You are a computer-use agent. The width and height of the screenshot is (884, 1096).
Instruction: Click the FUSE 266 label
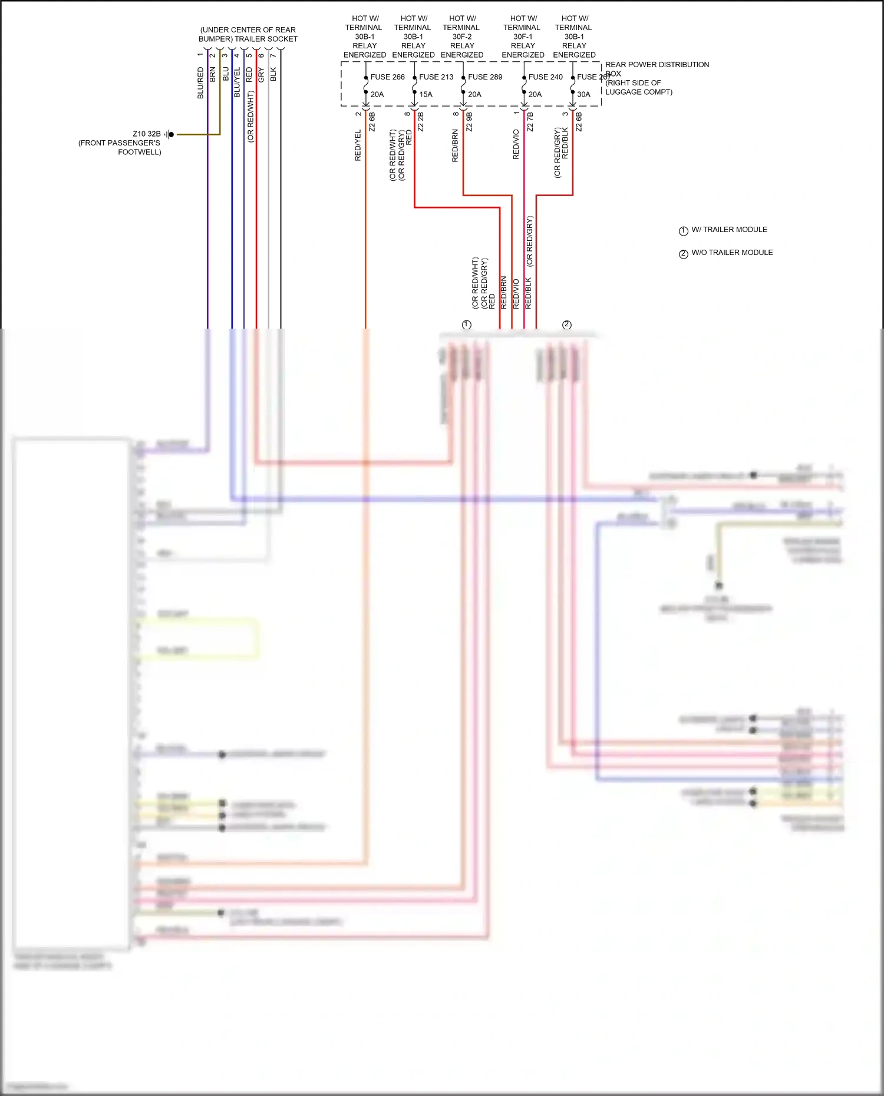387,77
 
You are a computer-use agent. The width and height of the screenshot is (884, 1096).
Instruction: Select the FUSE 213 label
436,77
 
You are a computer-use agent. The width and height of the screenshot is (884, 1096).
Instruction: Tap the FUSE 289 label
485,77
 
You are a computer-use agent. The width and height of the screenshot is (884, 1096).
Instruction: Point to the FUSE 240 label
545,77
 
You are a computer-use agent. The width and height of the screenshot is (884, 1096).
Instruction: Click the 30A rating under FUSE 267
583,94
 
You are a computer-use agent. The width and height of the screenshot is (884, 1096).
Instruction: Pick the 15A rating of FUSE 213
425,94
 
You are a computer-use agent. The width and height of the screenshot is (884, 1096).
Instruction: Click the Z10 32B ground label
147,134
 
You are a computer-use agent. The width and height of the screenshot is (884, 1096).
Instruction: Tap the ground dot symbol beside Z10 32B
171,135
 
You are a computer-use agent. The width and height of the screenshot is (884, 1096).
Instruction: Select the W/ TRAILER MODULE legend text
729,230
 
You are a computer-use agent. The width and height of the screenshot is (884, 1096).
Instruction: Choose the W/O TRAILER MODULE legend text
732,253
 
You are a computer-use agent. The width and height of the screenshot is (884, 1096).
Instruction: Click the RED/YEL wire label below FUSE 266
358,145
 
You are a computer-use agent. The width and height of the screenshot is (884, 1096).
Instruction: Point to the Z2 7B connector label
530,122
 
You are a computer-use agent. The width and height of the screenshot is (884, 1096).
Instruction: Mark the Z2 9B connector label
469,122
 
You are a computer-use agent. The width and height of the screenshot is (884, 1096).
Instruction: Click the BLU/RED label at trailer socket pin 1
200,83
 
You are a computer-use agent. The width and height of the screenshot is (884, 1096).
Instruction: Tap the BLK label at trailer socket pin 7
273,74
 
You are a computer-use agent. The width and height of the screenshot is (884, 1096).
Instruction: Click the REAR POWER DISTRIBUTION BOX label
657,65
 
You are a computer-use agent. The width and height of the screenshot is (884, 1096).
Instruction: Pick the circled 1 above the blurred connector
467,325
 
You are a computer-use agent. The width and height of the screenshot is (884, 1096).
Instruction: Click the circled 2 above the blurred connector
567,325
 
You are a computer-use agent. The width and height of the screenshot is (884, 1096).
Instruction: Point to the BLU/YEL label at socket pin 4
237,82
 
